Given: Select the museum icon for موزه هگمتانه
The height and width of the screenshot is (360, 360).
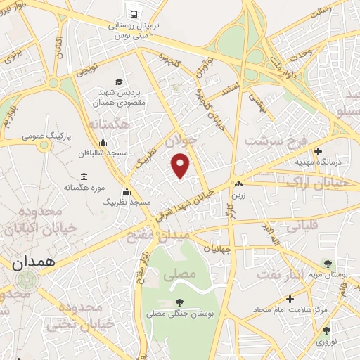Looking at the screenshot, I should click(84, 176).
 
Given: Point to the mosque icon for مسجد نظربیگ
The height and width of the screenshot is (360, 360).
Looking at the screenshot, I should click(127, 191).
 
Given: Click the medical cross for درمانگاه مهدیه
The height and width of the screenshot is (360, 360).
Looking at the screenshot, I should click(319, 150).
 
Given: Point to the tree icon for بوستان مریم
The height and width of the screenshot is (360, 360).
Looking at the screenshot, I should click(326, 262).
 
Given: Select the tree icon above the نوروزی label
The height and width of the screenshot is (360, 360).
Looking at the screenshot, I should click(326, 330).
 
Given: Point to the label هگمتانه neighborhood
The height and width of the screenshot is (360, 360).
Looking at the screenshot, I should click(110, 124).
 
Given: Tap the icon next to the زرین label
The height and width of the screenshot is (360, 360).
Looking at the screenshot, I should click(238, 184).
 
